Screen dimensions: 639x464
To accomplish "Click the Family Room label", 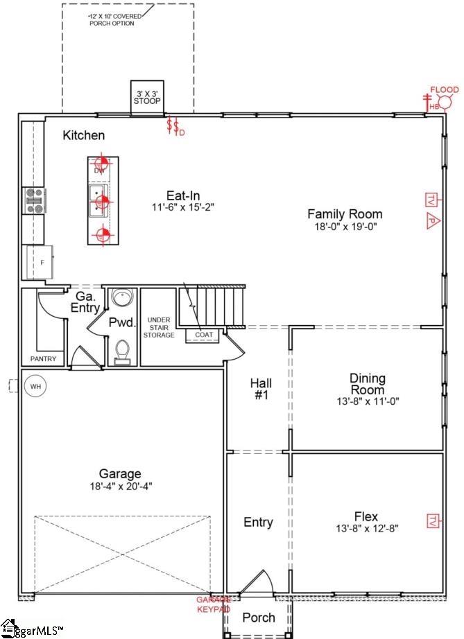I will click(345, 214).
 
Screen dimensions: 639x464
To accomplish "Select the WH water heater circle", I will click(33, 386).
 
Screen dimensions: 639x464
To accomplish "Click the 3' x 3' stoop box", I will click(147, 96).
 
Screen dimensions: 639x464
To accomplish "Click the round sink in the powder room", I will click(123, 299).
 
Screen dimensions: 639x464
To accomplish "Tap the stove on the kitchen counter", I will click(34, 200).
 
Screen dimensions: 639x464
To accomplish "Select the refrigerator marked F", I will click(39, 261).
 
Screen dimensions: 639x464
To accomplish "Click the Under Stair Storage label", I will click(159, 328).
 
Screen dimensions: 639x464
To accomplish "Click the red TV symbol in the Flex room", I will click(432, 520).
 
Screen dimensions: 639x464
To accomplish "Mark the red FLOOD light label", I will click(444, 89).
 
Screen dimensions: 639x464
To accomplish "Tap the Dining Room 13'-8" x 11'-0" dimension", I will click(368, 401).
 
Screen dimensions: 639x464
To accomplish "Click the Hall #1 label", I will click(261, 389).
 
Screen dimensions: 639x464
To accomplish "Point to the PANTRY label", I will click(43, 359).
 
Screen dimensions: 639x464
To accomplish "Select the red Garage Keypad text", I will click(212, 604).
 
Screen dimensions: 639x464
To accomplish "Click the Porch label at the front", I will click(258, 618).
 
